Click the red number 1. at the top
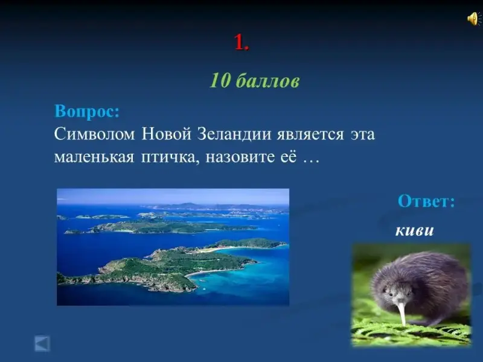[241, 42]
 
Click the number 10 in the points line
[220, 81]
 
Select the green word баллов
[267, 81]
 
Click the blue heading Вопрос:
[87, 111]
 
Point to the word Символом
[95, 134]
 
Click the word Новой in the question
[167, 134]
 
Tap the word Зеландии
[234, 134]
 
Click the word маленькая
[94, 157]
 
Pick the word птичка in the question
[170, 158]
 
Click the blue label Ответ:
[426, 202]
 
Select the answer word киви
[415, 230]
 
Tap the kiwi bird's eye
[390, 294]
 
